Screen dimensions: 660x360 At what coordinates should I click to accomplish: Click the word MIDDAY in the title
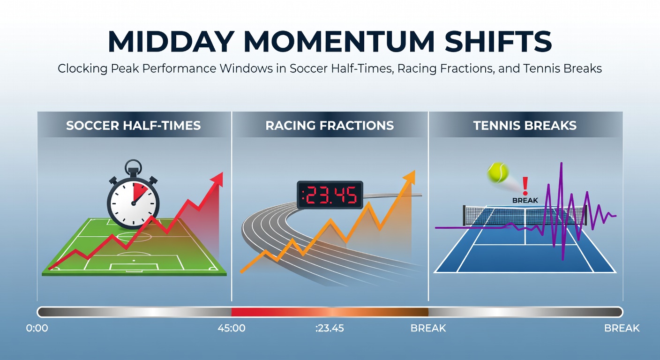click(x=171, y=41)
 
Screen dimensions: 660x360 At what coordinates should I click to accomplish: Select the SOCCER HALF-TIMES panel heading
click(x=134, y=126)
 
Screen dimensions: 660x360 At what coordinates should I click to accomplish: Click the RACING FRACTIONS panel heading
click(x=330, y=126)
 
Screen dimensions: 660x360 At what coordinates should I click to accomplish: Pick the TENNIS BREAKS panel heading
click(x=525, y=126)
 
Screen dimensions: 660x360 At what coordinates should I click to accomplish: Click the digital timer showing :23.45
click(x=330, y=195)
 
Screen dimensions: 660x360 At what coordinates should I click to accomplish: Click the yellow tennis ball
click(x=498, y=172)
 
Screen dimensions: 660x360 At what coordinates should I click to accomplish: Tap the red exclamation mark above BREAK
click(x=525, y=186)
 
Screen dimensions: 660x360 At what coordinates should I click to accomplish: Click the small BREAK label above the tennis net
click(x=525, y=201)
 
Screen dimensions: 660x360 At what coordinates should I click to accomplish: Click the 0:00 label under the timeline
click(x=37, y=328)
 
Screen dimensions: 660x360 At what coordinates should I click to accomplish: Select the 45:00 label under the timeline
click(x=232, y=328)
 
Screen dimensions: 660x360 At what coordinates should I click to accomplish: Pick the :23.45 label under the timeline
click(x=330, y=328)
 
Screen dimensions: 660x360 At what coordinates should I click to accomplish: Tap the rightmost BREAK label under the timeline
click(x=622, y=328)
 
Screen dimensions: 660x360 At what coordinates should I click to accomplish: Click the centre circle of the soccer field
click(x=134, y=236)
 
